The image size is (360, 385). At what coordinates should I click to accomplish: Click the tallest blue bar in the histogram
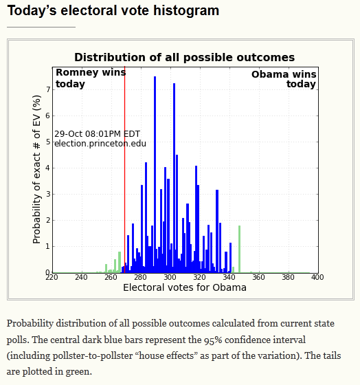[x=155, y=175]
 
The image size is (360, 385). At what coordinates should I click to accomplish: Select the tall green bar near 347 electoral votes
[x=239, y=249]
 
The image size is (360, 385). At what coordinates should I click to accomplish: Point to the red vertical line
[x=124, y=169]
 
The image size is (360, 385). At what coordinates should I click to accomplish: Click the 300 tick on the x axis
[x=170, y=277]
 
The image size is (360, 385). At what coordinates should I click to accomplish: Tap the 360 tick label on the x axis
[x=258, y=277]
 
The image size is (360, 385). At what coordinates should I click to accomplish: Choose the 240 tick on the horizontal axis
[x=81, y=277]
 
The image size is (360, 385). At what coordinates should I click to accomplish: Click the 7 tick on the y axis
[x=48, y=89]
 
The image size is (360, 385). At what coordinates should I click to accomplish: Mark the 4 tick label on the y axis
[x=48, y=168]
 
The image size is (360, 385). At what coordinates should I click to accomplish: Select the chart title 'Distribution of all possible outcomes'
[x=185, y=58]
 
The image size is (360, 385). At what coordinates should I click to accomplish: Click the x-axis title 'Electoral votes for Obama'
[x=185, y=287]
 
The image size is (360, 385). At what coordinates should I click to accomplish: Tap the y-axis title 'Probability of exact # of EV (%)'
[x=36, y=169]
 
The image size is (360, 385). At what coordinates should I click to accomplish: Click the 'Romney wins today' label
[x=91, y=78]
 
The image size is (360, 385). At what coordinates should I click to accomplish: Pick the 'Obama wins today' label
[x=284, y=79]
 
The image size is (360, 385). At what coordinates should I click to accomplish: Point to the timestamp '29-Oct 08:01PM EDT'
[x=97, y=134]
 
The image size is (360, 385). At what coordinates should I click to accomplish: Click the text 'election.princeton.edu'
[x=100, y=144]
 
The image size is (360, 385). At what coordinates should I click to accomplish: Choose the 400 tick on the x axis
[x=317, y=277]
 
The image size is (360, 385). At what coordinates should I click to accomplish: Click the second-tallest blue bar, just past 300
[x=175, y=178]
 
